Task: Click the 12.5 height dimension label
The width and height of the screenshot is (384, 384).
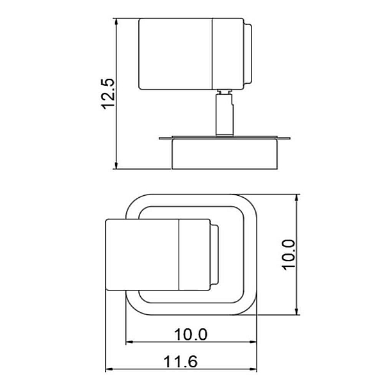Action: [108, 94]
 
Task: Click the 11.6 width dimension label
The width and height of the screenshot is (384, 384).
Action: [180, 362]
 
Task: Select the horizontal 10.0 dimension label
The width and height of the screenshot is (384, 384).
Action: [191, 334]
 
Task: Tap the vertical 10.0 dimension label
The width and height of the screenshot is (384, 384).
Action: [289, 255]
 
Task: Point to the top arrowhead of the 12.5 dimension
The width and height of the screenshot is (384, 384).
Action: [116, 22]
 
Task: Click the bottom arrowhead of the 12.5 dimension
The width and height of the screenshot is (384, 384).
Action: [116, 165]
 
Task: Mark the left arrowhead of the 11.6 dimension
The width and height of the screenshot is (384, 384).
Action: [109, 369]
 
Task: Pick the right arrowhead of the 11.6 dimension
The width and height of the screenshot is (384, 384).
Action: [253, 369]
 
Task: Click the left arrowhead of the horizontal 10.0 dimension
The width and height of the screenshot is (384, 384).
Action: [129, 342]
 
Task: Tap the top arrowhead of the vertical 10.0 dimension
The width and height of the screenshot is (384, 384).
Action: [297, 198]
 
